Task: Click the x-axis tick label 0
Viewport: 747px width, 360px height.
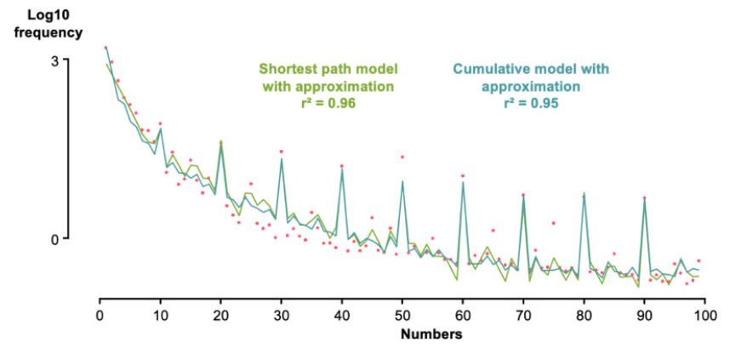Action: [100, 313]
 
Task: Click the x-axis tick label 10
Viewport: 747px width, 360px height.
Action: [160, 313]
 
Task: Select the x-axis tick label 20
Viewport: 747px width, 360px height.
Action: [220, 313]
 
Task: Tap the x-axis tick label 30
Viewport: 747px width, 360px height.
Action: [281, 313]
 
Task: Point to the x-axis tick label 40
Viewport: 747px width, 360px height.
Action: [341, 313]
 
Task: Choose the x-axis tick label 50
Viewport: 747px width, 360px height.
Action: [402, 313]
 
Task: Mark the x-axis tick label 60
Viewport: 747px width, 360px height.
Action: [463, 313]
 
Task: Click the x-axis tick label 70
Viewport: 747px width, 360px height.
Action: [523, 313]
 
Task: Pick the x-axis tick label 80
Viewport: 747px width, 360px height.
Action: [584, 313]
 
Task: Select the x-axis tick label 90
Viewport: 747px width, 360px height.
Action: [644, 313]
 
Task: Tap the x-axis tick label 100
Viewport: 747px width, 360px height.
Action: [704, 313]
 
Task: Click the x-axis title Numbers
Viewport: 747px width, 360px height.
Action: [431, 334]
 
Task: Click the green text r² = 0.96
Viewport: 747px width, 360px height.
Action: [328, 102]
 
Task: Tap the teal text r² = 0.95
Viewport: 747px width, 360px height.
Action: [531, 102]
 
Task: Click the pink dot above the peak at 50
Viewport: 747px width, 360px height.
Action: [402, 157]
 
